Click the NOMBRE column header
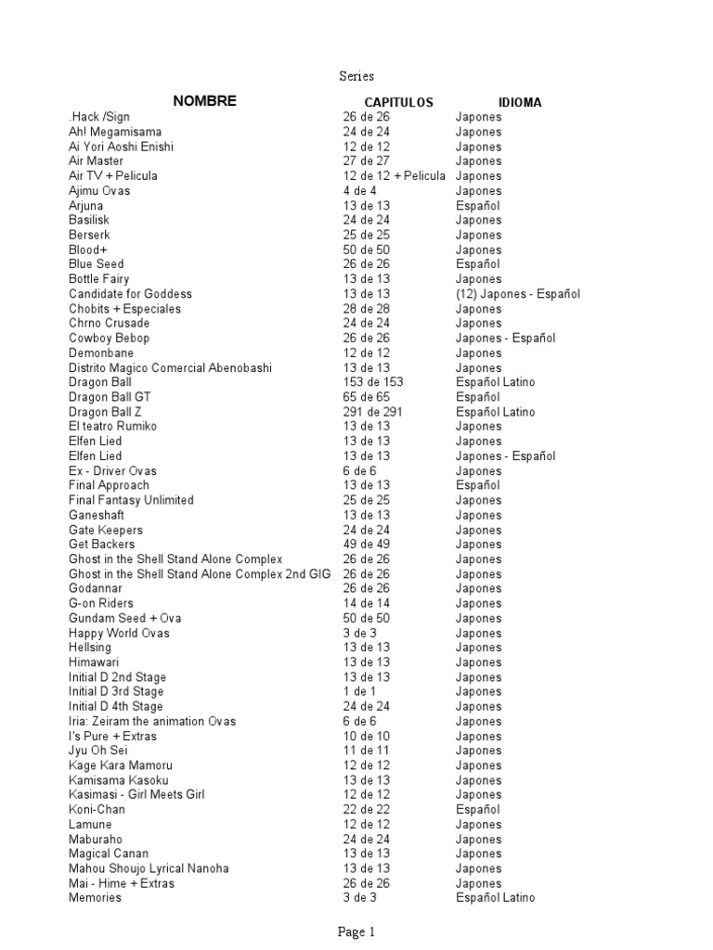point(203,101)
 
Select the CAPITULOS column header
point(398,103)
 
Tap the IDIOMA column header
point(520,103)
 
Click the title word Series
point(356,76)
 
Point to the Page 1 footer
point(356,932)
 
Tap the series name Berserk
point(89,236)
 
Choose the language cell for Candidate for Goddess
point(517,294)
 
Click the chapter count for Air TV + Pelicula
point(394,176)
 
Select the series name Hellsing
point(90,648)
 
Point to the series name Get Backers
point(101,545)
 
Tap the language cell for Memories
point(495,898)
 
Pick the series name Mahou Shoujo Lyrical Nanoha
point(149,868)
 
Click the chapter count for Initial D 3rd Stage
point(359,692)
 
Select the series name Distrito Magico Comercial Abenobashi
point(170,368)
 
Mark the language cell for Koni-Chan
point(477,810)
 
